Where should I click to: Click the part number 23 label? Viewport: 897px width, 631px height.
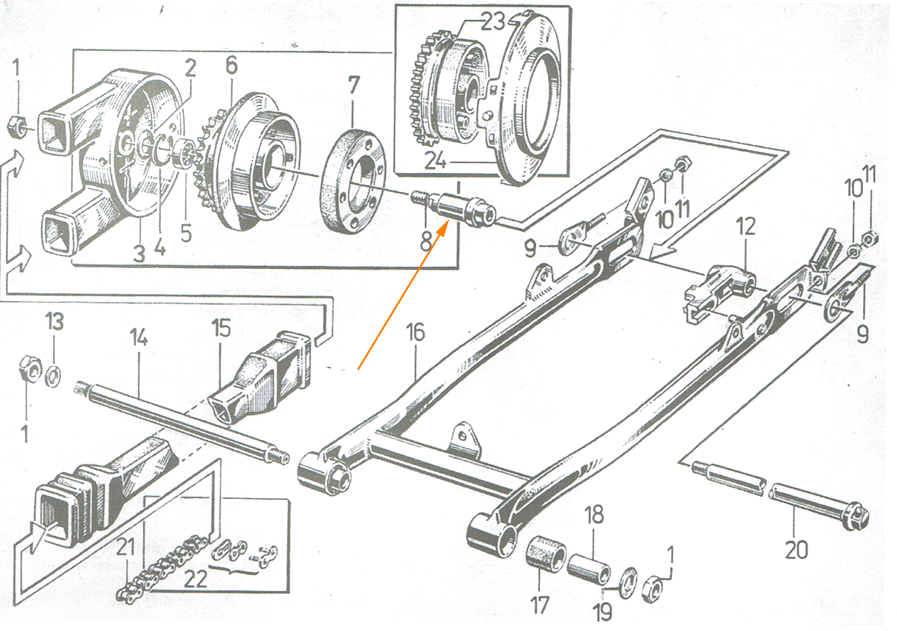(x=492, y=22)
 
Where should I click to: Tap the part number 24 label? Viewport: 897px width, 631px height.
(x=435, y=161)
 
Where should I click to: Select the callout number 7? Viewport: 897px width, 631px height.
(x=354, y=85)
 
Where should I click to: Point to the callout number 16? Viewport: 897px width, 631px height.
(x=415, y=332)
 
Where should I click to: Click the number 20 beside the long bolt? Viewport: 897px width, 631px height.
(x=796, y=550)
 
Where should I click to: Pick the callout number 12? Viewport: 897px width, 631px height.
(x=746, y=227)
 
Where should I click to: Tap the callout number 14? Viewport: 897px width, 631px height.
(x=139, y=337)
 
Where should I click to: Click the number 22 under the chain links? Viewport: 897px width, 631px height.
(x=195, y=580)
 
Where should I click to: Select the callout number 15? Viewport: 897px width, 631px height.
(x=221, y=328)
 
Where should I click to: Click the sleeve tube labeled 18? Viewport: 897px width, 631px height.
(x=589, y=569)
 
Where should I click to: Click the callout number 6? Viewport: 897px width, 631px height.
(x=231, y=65)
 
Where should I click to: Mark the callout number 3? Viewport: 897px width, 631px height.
(x=139, y=254)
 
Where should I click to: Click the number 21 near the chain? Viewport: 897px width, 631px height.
(x=125, y=547)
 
